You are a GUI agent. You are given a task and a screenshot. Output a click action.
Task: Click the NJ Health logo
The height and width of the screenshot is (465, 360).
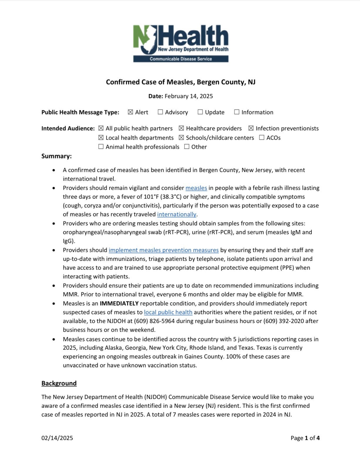181,43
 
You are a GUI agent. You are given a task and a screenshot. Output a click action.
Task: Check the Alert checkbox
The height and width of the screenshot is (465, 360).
131,112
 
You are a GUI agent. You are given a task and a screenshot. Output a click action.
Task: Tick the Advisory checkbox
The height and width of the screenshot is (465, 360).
160,112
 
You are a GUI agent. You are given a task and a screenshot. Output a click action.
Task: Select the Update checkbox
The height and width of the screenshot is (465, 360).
200,112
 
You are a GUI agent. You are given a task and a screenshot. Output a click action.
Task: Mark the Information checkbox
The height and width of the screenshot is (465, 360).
237,112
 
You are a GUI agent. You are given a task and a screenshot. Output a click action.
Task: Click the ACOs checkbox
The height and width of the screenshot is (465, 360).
262,138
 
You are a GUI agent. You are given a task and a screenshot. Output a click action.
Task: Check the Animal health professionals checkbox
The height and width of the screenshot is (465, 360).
101,147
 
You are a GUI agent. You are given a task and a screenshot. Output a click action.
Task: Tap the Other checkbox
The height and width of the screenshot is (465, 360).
187,147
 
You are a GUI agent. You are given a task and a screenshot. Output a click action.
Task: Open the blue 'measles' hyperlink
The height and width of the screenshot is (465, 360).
196,188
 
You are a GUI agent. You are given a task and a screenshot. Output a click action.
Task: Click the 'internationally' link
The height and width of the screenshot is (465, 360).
177,214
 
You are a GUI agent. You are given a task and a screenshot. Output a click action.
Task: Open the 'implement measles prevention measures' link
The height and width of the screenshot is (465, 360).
164,250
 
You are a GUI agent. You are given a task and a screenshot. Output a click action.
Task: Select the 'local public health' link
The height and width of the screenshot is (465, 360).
168,312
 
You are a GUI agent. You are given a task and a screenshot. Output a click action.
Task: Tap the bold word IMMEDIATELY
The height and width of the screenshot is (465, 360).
119,303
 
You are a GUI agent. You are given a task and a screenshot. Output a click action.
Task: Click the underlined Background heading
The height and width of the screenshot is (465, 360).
59,383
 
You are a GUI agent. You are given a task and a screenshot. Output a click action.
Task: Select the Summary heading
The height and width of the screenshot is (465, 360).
56,156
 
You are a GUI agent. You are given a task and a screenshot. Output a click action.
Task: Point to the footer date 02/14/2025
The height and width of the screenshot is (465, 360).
57,438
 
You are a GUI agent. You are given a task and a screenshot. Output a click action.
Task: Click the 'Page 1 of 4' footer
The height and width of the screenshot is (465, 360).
305,438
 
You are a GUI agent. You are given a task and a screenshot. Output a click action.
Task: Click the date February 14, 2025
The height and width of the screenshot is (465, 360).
189,96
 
